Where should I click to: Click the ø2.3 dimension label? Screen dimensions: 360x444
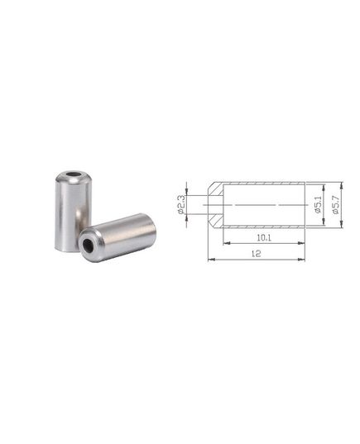click(x=181, y=205)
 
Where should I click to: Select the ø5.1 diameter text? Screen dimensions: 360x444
click(x=319, y=204)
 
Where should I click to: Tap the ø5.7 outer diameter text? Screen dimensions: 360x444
click(x=336, y=204)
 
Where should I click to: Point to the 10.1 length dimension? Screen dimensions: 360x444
click(x=264, y=238)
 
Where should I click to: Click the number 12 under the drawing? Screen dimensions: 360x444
click(x=257, y=254)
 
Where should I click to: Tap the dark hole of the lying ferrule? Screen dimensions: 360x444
click(x=88, y=245)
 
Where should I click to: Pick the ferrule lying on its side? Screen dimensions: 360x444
click(x=117, y=237)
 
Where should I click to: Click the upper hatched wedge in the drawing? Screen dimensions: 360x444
click(x=217, y=189)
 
